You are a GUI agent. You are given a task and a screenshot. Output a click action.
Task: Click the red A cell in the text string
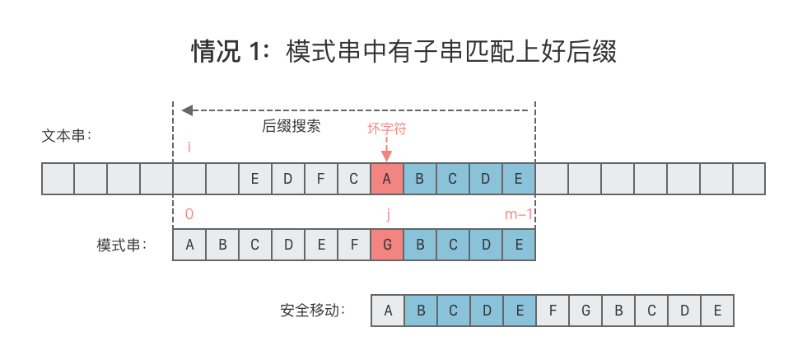click(387, 179)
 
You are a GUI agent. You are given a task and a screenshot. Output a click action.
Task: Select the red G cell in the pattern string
click(387, 245)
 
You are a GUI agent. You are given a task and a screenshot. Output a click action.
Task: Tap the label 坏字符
click(387, 129)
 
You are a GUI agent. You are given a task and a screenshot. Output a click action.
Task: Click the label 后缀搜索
click(291, 127)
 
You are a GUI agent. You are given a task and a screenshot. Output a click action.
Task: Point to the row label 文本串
click(67, 135)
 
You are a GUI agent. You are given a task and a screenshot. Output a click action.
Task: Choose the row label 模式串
click(121, 245)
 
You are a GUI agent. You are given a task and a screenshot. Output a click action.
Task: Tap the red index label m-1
click(519, 214)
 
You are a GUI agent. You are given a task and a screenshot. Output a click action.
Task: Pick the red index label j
click(387, 214)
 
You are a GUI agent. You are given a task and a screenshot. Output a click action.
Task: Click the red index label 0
click(189, 214)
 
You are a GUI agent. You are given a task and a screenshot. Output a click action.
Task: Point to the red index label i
click(189, 148)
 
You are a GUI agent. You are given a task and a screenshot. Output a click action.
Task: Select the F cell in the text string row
click(321, 179)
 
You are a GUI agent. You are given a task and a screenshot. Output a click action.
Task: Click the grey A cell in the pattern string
click(189, 245)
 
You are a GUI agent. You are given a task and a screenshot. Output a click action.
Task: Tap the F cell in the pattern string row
click(354, 245)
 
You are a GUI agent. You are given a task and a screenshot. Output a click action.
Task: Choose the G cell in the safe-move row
click(585, 311)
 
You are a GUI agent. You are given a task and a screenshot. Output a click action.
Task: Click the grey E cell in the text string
click(255, 179)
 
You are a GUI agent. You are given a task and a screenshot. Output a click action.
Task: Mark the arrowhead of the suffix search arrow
click(187, 110)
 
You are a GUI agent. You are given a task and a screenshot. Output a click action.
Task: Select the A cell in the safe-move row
click(387, 311)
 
